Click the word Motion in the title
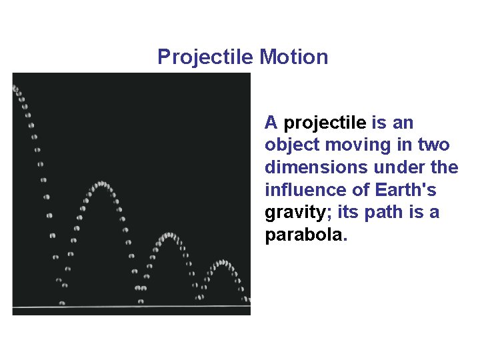294,57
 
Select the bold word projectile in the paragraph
325,123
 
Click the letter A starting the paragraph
271,123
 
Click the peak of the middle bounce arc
168,235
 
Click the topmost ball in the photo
15,87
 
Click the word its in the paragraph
349,213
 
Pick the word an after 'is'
403,123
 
